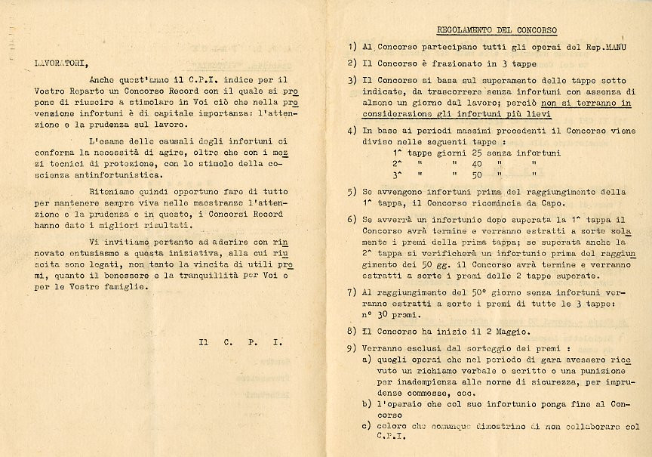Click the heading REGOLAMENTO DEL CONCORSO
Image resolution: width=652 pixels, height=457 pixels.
point(497,31)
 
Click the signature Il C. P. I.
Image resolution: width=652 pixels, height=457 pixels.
point(240,341)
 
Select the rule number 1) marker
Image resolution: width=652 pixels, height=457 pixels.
point(352,47)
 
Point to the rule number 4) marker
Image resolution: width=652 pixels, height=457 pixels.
point(352,130)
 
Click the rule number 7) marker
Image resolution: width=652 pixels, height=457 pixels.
point(352,291)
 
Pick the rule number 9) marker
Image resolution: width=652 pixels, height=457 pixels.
point(352,348)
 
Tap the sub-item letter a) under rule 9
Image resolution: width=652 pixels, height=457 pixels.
point(367,360)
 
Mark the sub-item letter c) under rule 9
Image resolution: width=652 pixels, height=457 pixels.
point(367,426)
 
